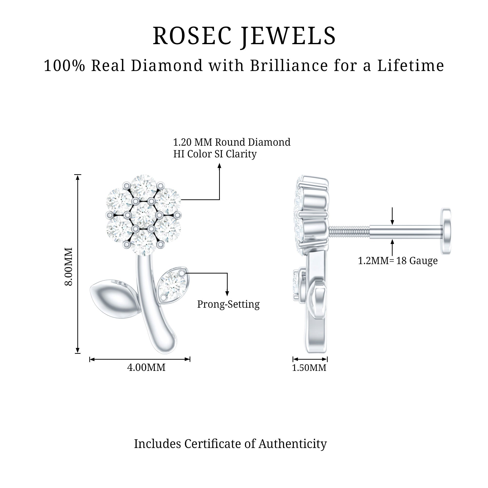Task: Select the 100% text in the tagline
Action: point(64,65)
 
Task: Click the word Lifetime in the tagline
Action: point(411,65)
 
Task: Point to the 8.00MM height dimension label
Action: point(69,266)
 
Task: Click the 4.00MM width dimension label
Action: point(146,367)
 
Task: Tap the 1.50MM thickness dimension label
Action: point(309,368)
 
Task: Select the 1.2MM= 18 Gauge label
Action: point(398,261)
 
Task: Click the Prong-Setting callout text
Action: point(228,304)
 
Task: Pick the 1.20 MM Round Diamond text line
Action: point(232,142)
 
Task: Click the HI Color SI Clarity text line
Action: point(215,154)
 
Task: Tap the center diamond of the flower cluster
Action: point(143,215)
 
